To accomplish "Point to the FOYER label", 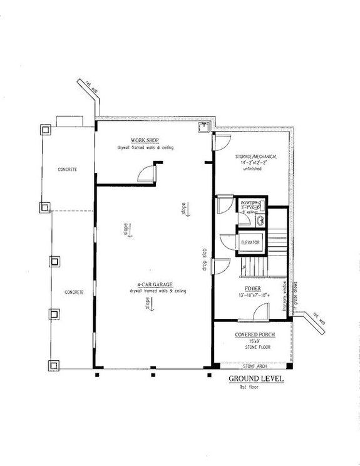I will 252,289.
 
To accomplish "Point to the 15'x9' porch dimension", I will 254,342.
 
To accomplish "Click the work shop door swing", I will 149,171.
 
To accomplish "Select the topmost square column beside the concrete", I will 46,130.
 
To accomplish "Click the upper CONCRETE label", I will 67,170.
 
